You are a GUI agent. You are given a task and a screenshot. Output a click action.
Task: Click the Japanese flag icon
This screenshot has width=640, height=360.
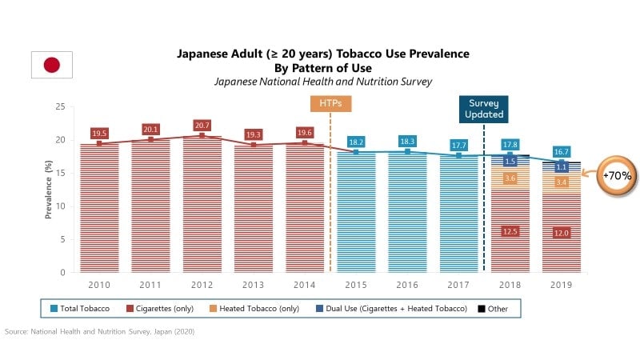coord(52,65)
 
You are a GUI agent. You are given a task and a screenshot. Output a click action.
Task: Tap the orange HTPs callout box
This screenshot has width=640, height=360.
coord(330,105)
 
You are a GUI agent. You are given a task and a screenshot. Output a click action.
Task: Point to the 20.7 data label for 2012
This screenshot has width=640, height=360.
coord(202,126)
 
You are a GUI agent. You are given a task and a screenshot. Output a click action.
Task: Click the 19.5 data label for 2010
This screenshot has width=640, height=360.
coord(99,134)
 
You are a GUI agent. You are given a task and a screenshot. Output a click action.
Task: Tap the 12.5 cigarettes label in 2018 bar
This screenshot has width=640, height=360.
coord(510,231)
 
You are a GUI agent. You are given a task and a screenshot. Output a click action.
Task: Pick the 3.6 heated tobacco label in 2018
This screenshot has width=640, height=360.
coord(510,178)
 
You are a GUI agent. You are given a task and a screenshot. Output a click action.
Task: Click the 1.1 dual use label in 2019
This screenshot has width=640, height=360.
coord(562,167)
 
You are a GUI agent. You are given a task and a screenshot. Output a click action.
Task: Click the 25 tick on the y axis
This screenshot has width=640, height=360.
coord(60,106)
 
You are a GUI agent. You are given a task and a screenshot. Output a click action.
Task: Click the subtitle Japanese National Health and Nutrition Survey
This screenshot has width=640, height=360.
coord(322,82)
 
